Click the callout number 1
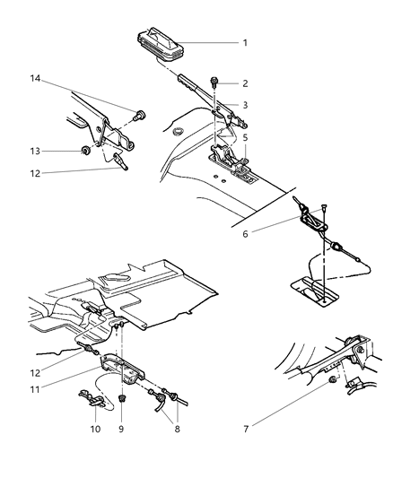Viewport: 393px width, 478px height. coord(244,42)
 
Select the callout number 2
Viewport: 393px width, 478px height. coord(244,84)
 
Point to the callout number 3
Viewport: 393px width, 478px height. coord(244,105)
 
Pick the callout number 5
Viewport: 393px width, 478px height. coord(244,138)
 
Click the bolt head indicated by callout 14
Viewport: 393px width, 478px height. coord(139,115)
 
